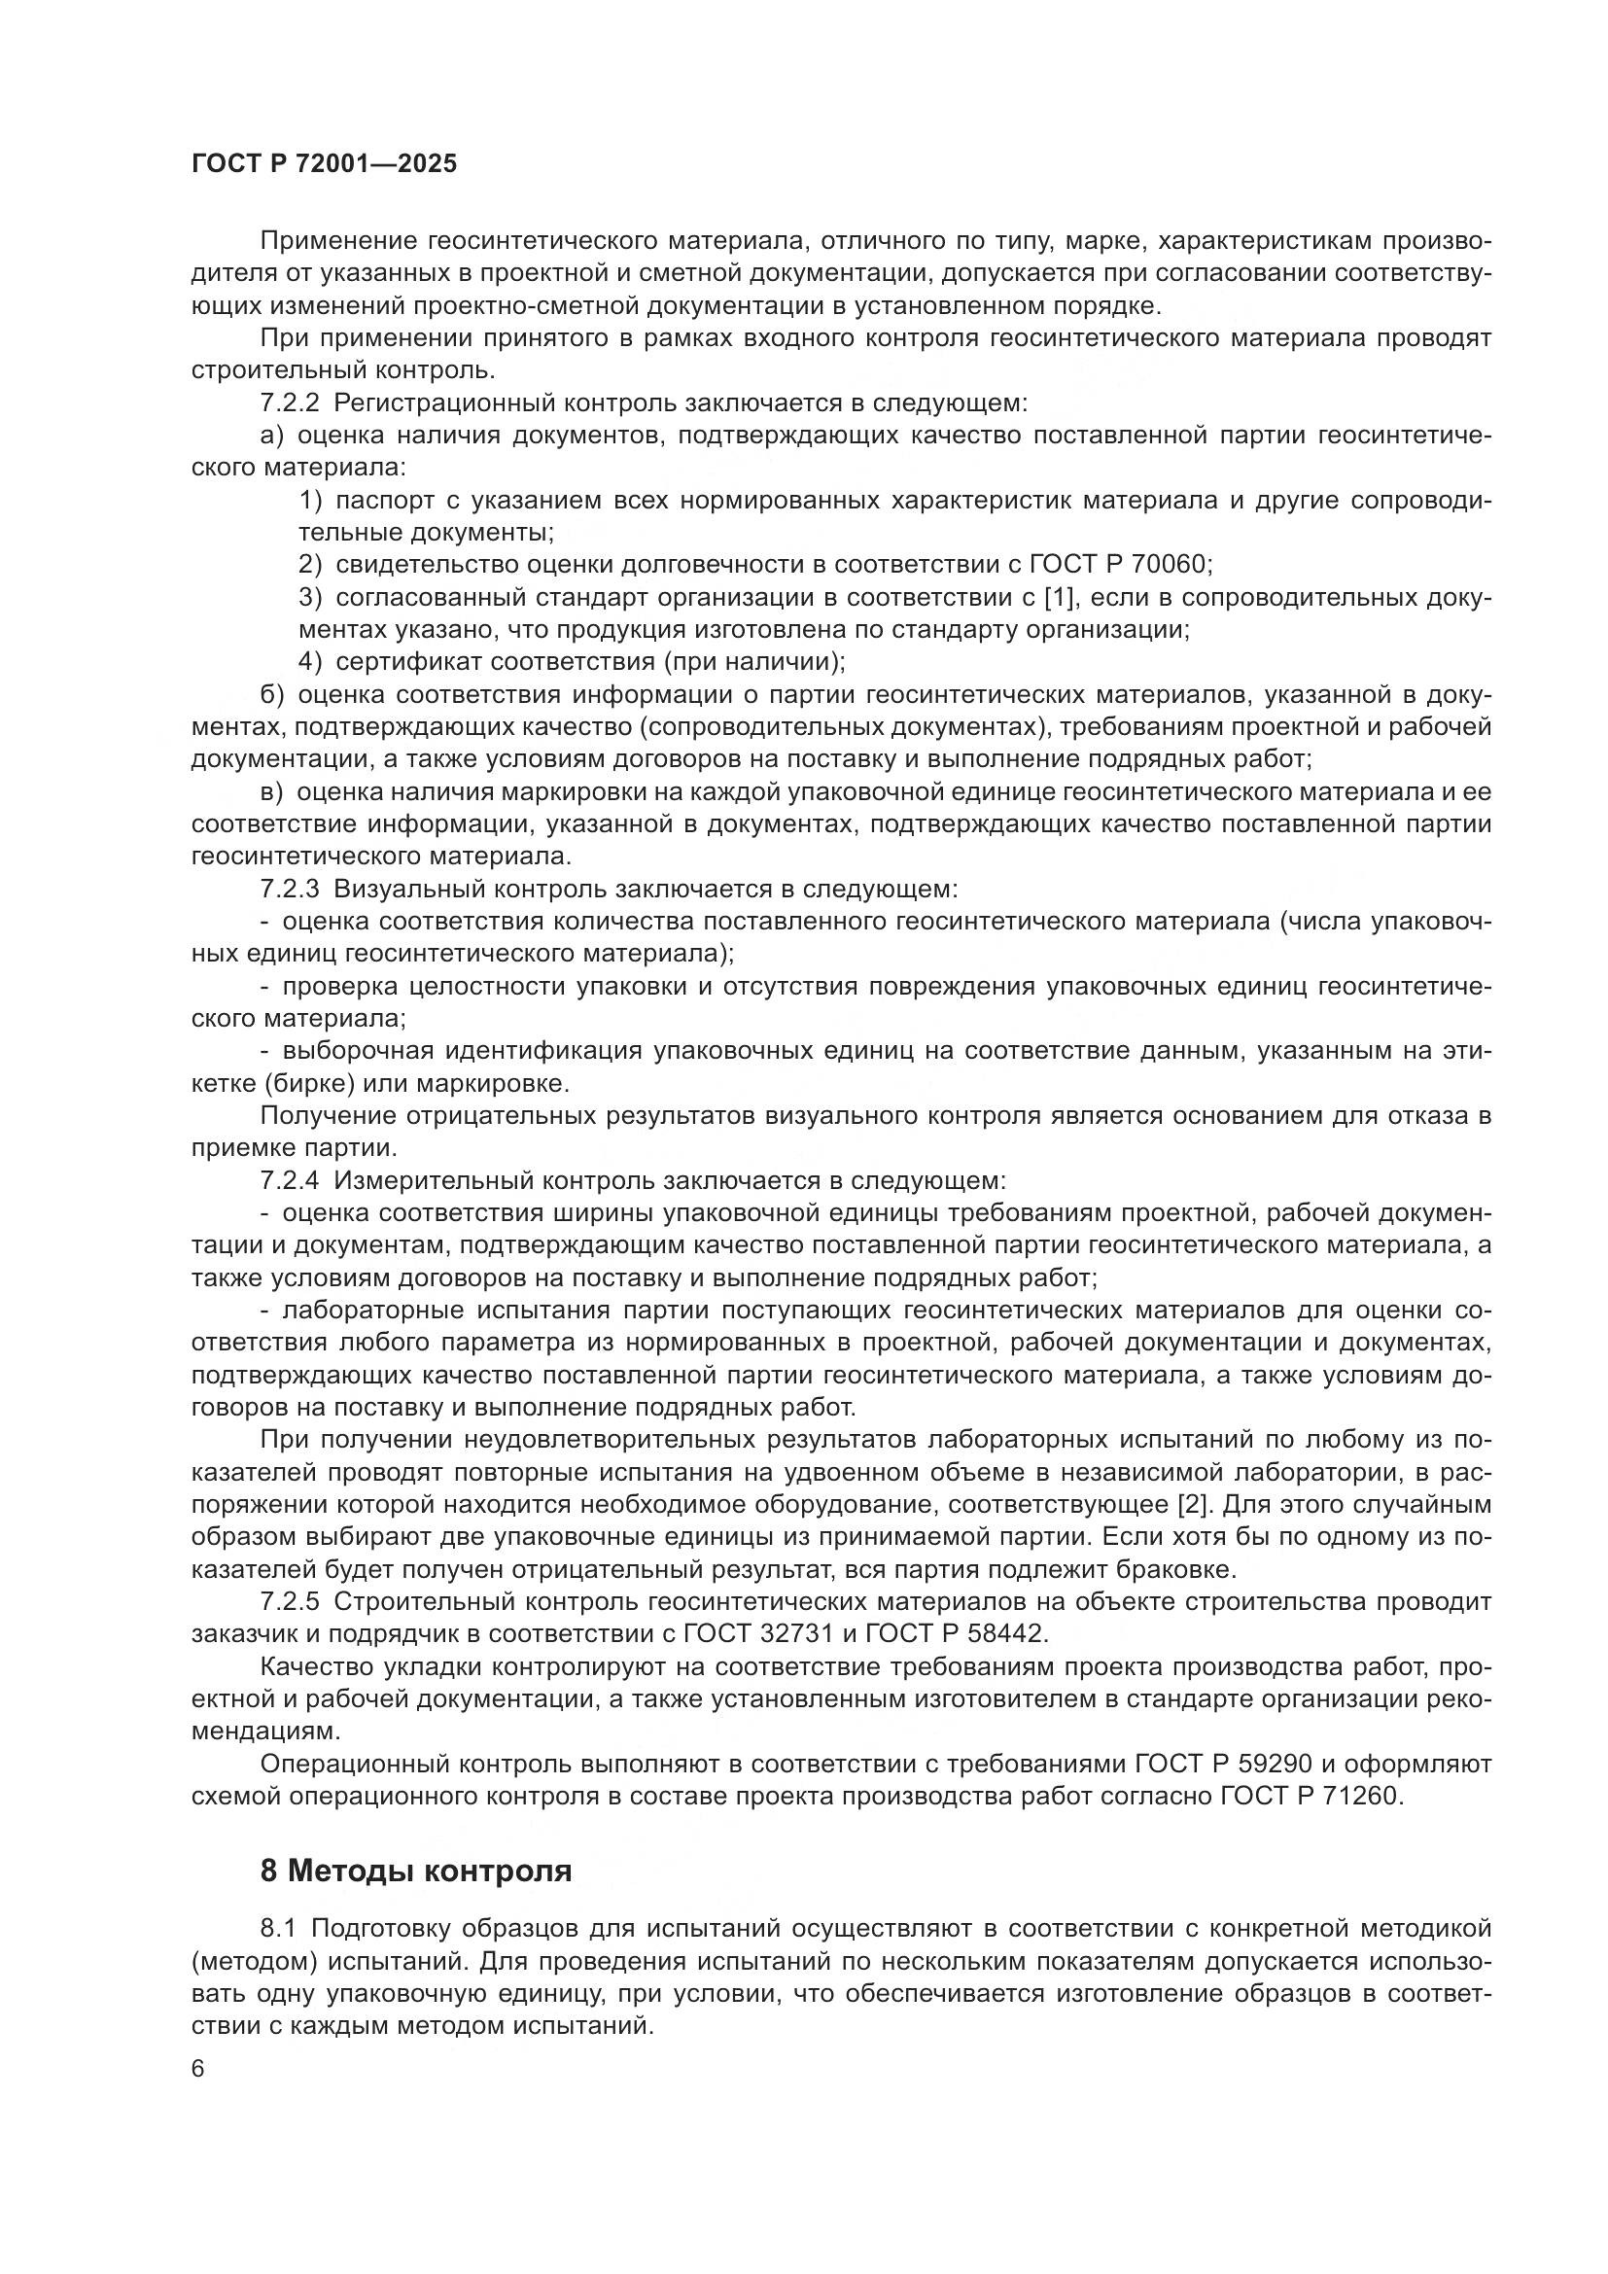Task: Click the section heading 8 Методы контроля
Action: [416, 1871]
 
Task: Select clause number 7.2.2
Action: [290, 403]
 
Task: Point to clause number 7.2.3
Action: [290, 889]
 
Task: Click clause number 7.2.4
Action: [290, 1180]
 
